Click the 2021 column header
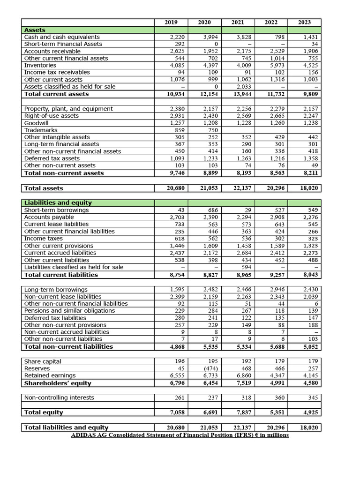pos(238,22)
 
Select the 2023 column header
pos(304,22)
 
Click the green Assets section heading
pos(35,30)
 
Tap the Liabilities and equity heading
pos(58,203)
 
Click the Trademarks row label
pos(41,130)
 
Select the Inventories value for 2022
pos(271,65)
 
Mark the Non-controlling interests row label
pos(59,397)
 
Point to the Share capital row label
pos(43,361)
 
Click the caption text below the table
pos(180,435)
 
